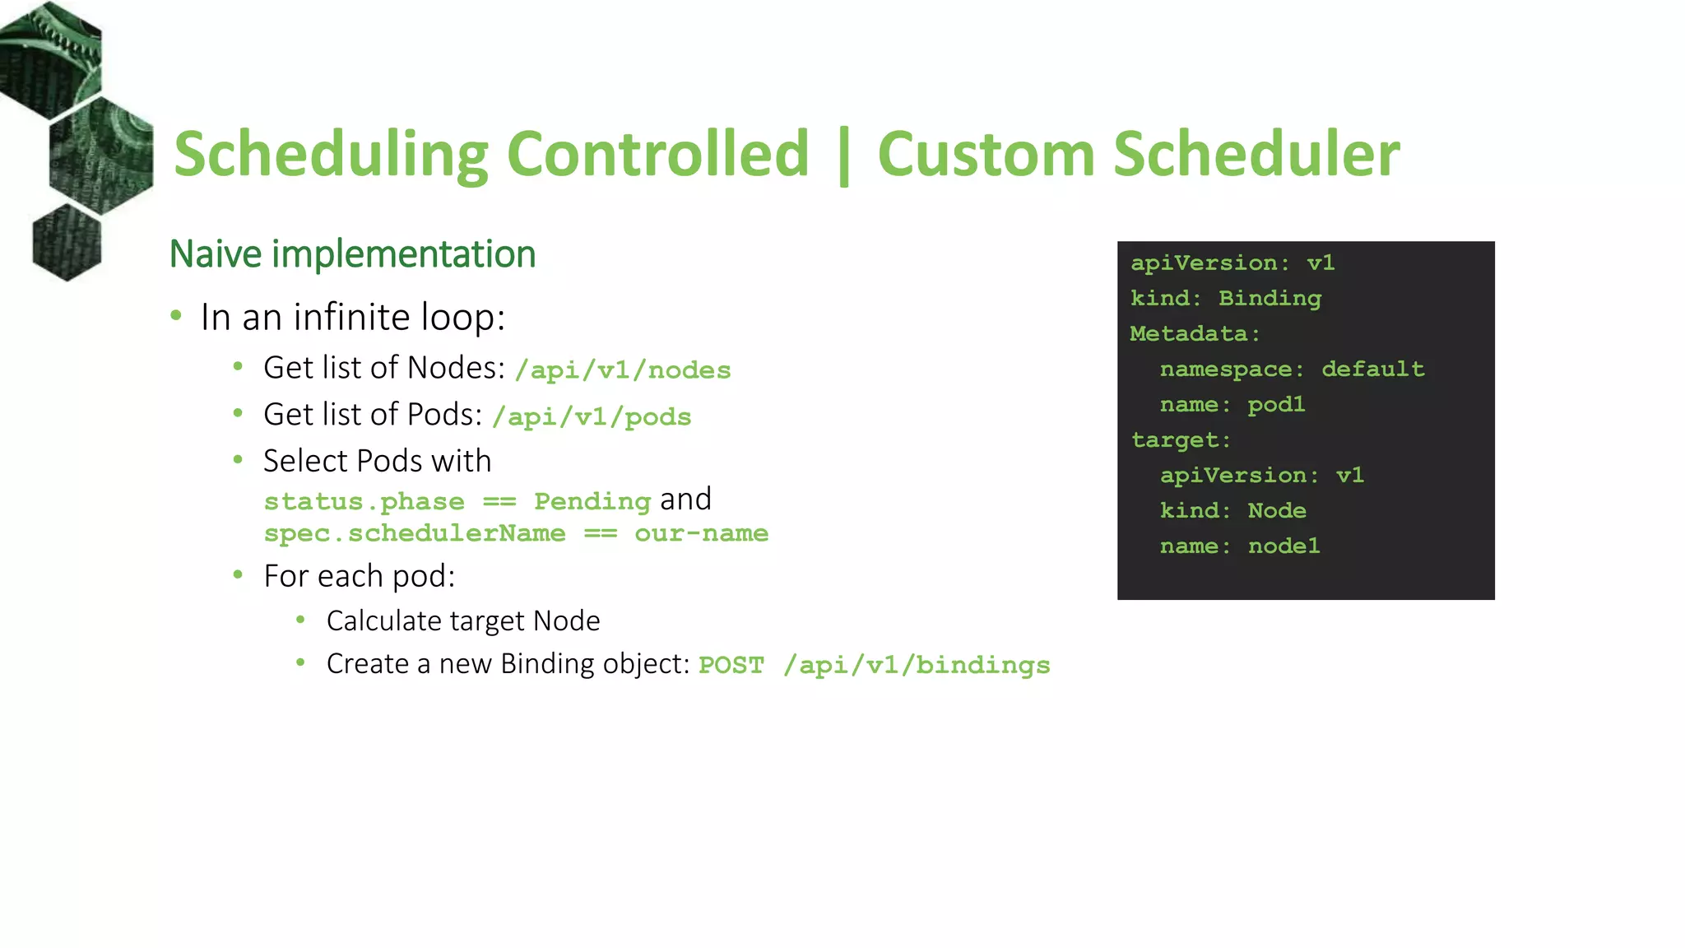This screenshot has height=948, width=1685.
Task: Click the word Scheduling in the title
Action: coord(331,155)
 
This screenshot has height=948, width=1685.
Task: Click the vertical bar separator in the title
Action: coord(843,156)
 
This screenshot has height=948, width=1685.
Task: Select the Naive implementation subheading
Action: coord(352,254)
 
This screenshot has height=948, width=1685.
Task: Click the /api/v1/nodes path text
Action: coord(623,370)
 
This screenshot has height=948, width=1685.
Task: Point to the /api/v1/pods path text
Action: coord(592,417)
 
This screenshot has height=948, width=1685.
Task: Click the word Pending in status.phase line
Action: coord(592,501)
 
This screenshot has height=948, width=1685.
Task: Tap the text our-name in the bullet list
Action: coord(701,533)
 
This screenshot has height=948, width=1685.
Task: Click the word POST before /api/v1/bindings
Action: coord(731,665)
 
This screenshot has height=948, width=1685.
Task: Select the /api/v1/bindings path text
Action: coord(917,665)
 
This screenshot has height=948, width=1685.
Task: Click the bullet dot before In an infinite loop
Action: coord(176,316)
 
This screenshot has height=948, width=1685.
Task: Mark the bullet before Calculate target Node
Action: coord(301,620)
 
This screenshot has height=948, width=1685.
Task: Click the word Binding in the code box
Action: coord(1270,298)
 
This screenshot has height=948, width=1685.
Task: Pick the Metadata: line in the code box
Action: coord(1195,333)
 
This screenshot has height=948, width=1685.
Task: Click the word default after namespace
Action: coord(1372,369)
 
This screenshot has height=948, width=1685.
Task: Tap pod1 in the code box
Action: coord(1276,404)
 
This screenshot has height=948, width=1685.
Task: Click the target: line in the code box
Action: coord(1181,439)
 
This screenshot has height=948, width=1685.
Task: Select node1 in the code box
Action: coord(1283,546)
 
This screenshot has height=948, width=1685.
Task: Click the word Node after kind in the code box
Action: coord(1276,510)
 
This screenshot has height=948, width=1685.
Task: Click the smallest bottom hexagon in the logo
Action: coord(67,242)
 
